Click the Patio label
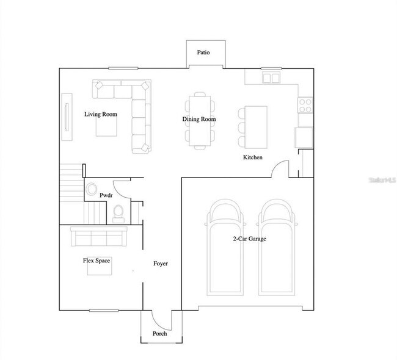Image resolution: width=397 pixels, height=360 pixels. click(x=203, y=52)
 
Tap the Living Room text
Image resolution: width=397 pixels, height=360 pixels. click(x=101, y=114)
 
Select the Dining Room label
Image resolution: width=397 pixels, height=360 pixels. click(x=199, y=120)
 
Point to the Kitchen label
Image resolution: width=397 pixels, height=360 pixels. click(x=253, y=157)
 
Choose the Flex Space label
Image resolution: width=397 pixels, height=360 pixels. click(x=97, y=261)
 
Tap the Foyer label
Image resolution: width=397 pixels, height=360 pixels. click(x=160, y=264)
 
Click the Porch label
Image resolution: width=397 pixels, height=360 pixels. click(x=159, y=334)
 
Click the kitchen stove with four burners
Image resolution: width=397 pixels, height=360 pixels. click(x=305, y=106)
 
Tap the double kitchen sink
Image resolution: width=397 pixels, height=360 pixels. click(x=271, y=78)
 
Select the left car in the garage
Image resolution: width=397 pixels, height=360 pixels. click(x=226, y=247)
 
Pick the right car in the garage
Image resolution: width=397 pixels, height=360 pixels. click(x=279, y=247)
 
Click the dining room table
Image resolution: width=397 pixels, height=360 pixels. click(x=199, y=120)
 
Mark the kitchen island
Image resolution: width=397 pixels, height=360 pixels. click(x=256, y=126)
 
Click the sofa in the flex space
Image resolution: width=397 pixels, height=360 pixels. click(x=98, y=236)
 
